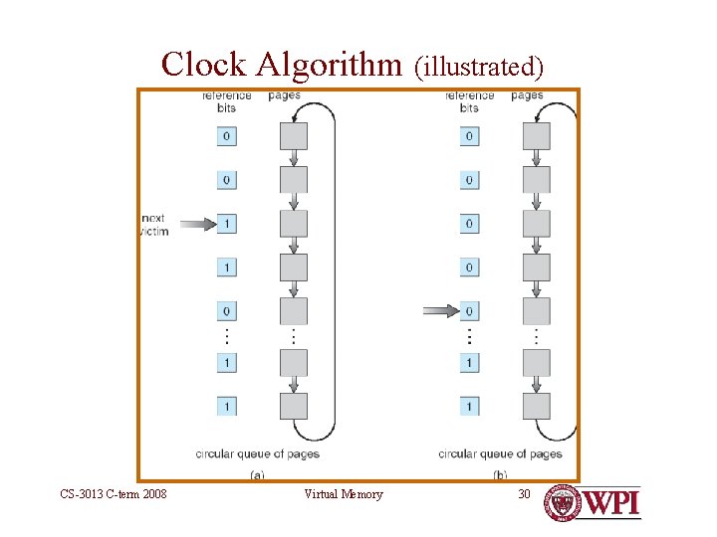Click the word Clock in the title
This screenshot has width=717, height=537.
(204, 64)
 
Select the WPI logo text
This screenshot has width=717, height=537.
(610, 503)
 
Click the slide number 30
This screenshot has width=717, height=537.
(524, 494)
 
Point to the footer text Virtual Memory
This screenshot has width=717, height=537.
(343, 494)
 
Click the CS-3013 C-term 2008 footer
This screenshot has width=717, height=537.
(113, 494)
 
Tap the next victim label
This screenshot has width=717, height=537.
(155, 225)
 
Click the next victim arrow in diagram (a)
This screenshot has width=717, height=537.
(197, 225)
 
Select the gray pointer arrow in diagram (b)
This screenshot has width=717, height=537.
(440, 311)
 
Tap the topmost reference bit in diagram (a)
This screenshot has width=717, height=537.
(227, 135)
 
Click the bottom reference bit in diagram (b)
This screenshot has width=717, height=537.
(469, 406)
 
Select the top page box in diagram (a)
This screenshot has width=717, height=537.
(294, 135)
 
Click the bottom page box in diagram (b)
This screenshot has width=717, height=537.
(537, 406)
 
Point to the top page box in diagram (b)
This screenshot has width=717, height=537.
(537, 135)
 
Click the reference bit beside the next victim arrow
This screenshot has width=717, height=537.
(227, 225)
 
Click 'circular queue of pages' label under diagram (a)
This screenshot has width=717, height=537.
(257, 453)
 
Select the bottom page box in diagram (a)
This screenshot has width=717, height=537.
(294, 406)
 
